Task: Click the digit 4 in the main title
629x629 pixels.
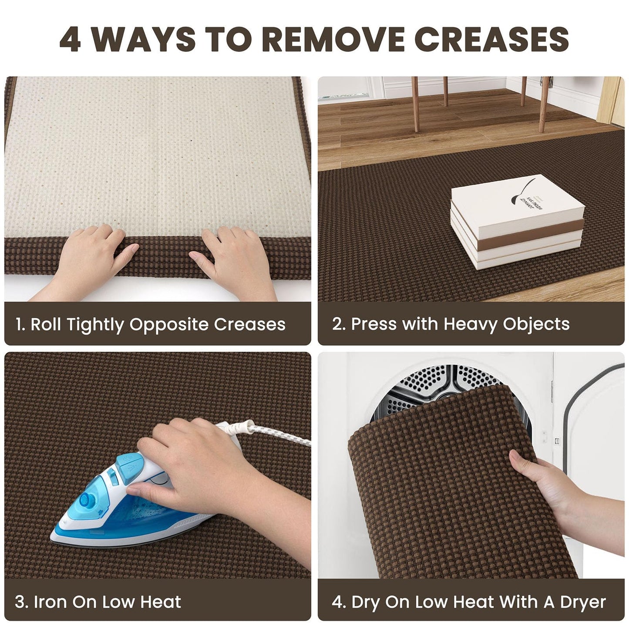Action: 70,40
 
